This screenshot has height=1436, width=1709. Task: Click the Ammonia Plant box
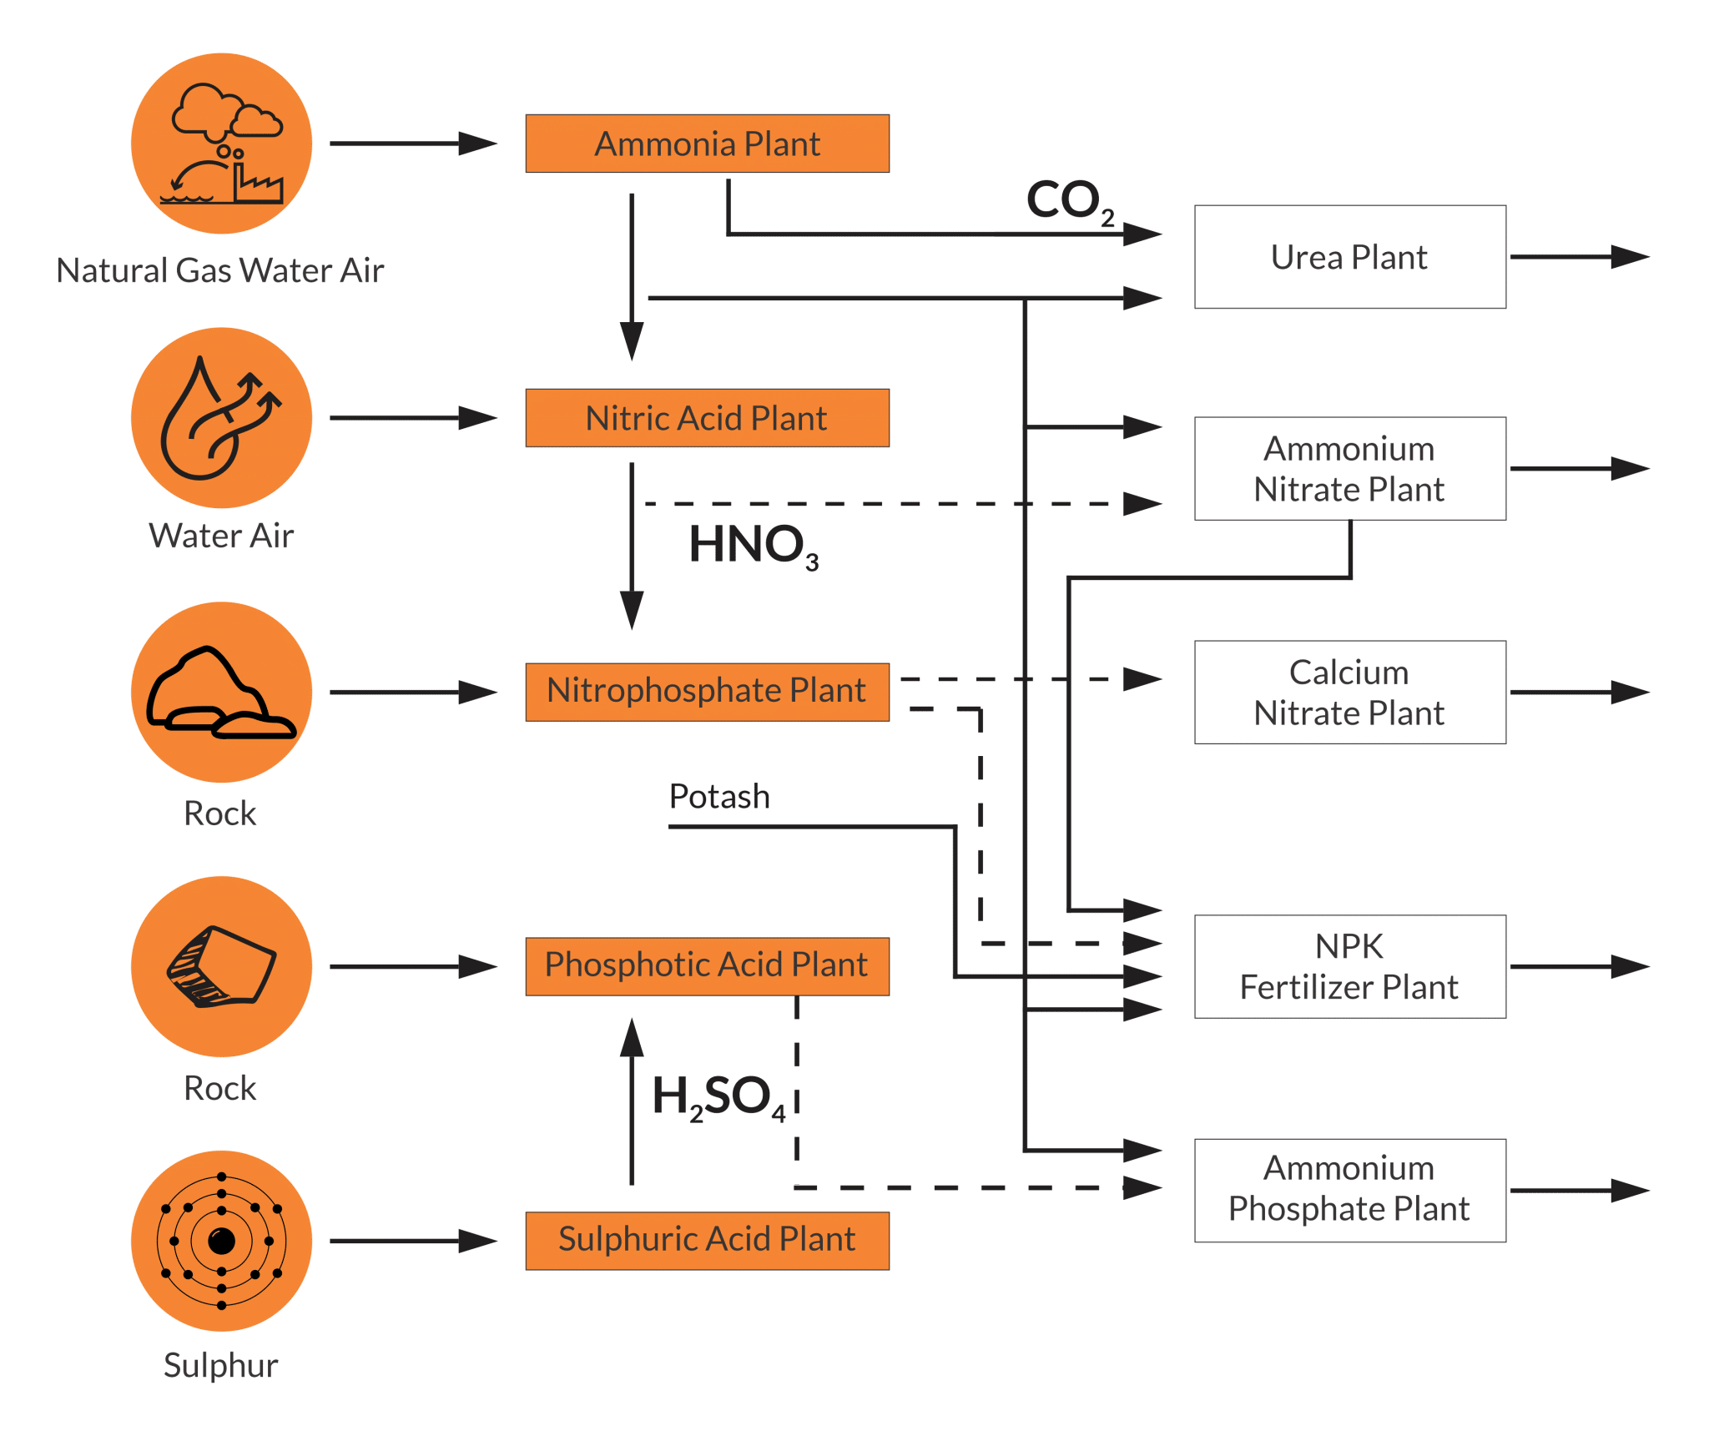(x=707, y=144)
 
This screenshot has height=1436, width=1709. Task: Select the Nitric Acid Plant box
(x=707, y=418)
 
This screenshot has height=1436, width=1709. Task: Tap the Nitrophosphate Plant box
(x=707, y=692)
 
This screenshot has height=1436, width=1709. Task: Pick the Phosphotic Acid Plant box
(x=707, y=966)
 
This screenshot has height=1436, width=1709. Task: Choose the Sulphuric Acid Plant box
(x=707, y=1241)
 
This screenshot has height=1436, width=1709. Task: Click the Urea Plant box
(x=1350, y=257)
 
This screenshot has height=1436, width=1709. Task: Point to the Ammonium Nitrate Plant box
(x=1350, y=469)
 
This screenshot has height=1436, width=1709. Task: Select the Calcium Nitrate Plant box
(x=1350, y=693)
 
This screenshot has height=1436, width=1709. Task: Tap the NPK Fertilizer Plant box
(x=1350, y=967)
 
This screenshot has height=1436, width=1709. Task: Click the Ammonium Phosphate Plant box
(x=1350, y=1191)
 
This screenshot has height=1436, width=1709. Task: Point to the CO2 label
(x=1071, y=201)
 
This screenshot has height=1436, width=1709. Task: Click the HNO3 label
(x=754, y=546)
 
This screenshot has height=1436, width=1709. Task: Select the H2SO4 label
(x=718, y=1097)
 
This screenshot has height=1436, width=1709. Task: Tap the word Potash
(x=719, y=796)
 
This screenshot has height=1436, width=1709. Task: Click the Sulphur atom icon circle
(x=221, y=1241)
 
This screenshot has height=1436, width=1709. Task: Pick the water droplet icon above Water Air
(x=221, y=418)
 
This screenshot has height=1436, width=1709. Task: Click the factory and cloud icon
(x=221, y=144)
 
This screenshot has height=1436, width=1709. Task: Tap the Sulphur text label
(x=221, y=1366)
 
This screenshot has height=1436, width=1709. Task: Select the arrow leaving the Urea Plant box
(x=1580, y=257)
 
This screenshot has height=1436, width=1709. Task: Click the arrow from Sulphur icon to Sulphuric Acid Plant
(x=414, y=1241)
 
